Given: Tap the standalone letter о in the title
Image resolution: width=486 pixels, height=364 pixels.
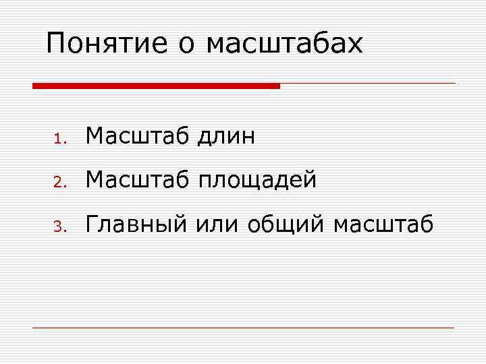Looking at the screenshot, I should click(x=187, y=45).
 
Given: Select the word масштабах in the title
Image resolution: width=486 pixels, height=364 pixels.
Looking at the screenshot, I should click(x=284, y=44).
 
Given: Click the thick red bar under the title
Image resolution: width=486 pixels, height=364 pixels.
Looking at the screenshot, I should click(x=156, y=86).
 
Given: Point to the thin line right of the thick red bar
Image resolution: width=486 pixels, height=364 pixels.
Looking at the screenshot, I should click(x=368, y=84).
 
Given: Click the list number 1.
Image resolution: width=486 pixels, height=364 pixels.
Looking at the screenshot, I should click(x=59, y=140).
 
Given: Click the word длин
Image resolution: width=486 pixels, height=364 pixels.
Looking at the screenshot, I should click(x=226, y=138).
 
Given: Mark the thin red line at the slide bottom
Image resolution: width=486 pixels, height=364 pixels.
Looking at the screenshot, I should click(x=243, y=328).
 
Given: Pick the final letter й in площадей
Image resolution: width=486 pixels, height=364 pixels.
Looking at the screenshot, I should click(x=310, y=179).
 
